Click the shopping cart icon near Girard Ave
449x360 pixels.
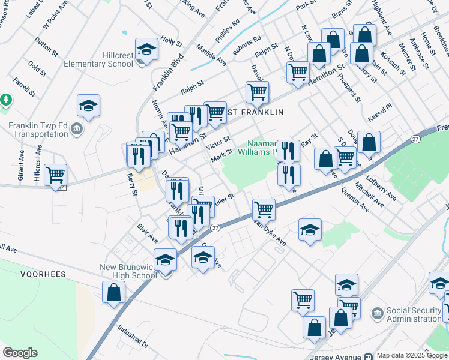55,176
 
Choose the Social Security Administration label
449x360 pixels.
415,314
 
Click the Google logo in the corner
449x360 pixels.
20,353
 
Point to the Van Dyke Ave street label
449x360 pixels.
269,232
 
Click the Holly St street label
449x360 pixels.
171,42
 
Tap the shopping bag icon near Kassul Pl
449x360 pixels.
369,143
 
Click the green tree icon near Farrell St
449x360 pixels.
6,99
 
